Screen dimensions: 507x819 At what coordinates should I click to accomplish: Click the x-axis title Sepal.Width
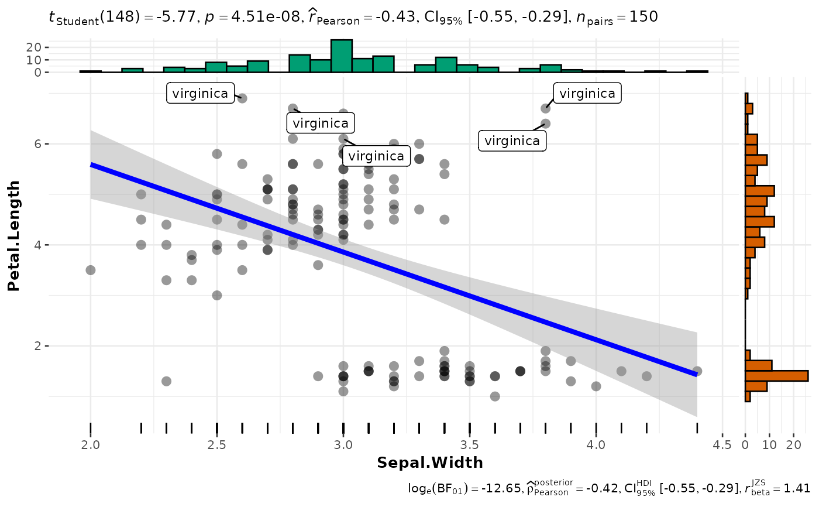pyautogui.click(x=430, y=463)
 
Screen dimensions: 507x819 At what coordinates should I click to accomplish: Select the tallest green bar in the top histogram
pyautogui.click(x=342, y=56)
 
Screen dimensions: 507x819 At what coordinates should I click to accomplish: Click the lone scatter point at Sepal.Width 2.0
pyautogui.click(x=91, y=270)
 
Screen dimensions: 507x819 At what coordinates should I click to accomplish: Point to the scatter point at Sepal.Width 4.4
pyautogui.click(x=697, y=371)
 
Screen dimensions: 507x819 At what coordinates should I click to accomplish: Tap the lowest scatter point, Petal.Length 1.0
pyautogui.click(x=495, y=396)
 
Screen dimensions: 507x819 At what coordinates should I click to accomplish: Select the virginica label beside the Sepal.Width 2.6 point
pyautogui.click(x=200, y=93)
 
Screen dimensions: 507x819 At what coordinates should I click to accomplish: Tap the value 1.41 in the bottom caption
pyautogui.click(x=799, y=488)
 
